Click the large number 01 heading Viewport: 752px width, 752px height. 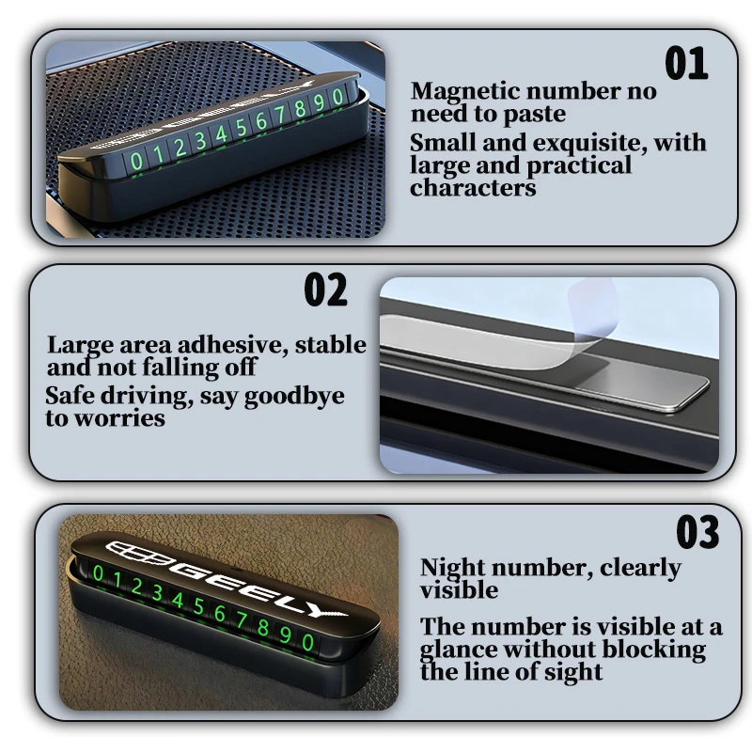(x=686, y=63)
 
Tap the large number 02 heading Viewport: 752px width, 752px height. (x=325, y=290)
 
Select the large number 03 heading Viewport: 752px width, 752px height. (x=697, y=532)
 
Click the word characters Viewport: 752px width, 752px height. (x=473, y=187)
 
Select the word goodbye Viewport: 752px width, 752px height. (x=294, y=397)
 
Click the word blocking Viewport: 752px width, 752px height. (x=653, y=650)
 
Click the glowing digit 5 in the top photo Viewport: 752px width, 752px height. (x=242, y=127)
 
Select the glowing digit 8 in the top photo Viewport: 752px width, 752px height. (x=300, y=108)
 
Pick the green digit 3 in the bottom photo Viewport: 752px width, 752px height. (x=157, y=593)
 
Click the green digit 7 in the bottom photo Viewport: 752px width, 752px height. (x=242, y=620)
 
